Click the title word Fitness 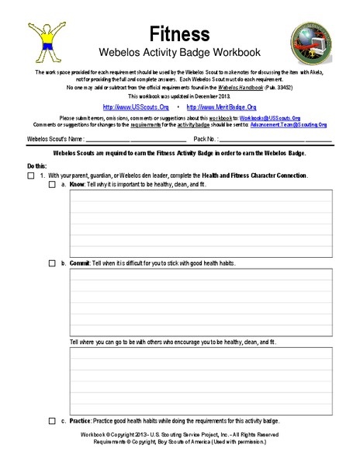point(179,33)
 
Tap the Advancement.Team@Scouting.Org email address point(287,124)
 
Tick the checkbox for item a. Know point(52,186)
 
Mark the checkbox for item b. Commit point(52,263)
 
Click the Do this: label point(36,166)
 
